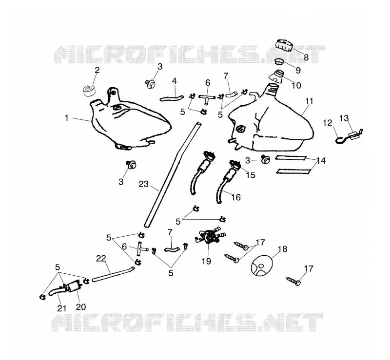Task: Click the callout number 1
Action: click(66, 118)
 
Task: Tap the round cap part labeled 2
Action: click(89, 90)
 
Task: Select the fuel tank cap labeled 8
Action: click(284, 45)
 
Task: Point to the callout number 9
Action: click(298, 70)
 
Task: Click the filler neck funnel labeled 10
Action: click(278, 76)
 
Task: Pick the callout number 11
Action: click(309, 101)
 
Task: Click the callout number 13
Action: click(344, 118)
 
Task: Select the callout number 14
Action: click(321, 161)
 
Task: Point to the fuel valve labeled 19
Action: click(210, 237)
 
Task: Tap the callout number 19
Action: click(206, 261)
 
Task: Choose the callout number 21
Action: click(62, 308)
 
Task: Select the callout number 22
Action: click(101, 259)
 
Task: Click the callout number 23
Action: click(143, 184)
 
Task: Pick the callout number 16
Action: click(236, 197)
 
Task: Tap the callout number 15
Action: click(251, 175)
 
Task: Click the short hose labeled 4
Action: click(172, 98)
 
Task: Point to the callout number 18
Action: click(283, 249)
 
